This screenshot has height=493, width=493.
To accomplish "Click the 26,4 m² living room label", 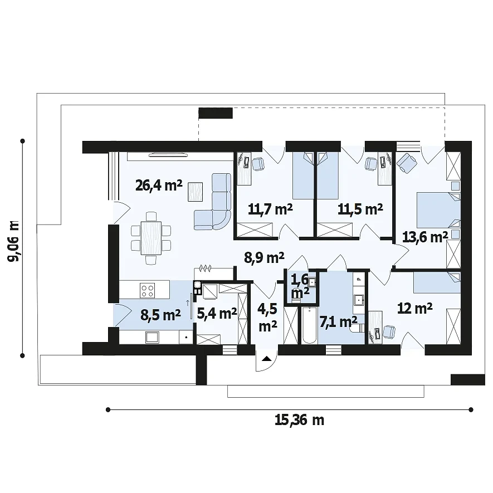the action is pyautogui.click(x=159, y=185).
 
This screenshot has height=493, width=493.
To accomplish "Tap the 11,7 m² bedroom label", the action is pyautogui.click(x=270, y=209).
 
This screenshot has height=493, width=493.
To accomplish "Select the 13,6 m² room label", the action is pyautogui.click(x=425, y=237).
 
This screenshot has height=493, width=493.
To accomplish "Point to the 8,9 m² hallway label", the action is pyautogui.click(x=265, y=257).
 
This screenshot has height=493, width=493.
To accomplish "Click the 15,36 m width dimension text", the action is pyautogui.click(x=299, y=420).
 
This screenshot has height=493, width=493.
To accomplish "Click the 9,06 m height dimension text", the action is pyautogui.click(x=14, y=241).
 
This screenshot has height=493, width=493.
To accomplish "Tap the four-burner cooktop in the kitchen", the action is pyautogui.click(x=147, y=291).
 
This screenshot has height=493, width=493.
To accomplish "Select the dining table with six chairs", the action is pyautogui.click(x=151, y=238).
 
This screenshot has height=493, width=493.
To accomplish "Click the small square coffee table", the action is pyautogui.click(x=196, y=192).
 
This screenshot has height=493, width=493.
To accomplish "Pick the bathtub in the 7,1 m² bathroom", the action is pyautogui.click(x=309, y=325).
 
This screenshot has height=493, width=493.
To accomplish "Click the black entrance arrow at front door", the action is pyautogui.click(x=267, y=358).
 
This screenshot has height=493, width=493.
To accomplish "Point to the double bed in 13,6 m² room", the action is pyautogui.click(x=438, y=210).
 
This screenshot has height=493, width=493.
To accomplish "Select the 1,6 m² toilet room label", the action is pyautogui.click(x=300, y=286).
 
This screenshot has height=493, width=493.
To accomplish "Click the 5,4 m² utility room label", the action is pyautogui.click(x=217, y=314).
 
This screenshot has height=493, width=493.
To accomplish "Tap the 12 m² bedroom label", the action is pyautogui.click(x=414, y=309).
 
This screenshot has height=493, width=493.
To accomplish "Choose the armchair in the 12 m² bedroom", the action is pyautogui.click(x=389, y=332).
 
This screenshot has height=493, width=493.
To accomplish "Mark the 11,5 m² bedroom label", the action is pyautogui.click(x=360, y=209).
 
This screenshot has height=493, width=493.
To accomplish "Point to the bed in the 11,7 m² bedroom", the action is pyautogui.click(x=304, y=175).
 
